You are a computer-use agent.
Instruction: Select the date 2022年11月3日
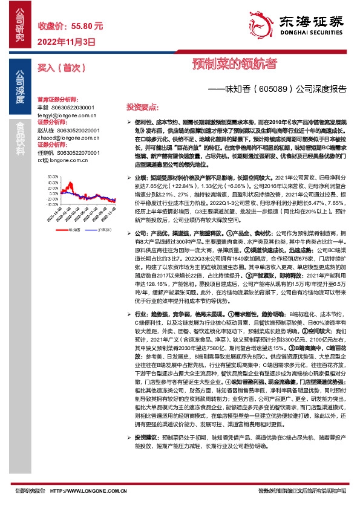(x=67, y=42)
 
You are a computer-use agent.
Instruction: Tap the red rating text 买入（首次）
(x=59, y=68)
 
